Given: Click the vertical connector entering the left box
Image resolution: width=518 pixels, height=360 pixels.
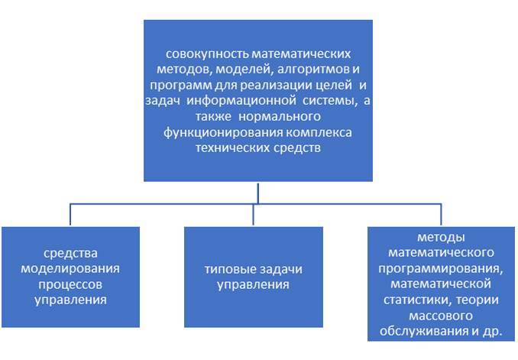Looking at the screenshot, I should [x=70, y=215].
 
